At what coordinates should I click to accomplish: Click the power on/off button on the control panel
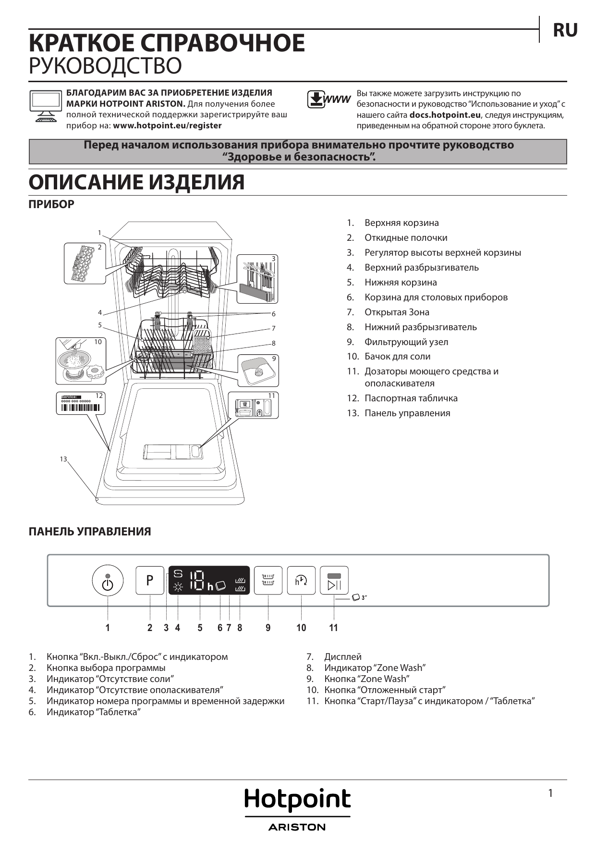click(108, 581)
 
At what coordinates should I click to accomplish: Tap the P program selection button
click(150, 581)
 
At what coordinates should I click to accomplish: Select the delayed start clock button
click(301, 581)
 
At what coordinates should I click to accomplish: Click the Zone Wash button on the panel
click(268, 581)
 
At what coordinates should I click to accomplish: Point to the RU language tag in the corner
click(565, 30)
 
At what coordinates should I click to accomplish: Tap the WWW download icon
click(329, 99)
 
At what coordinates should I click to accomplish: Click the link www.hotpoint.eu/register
click(167, 126)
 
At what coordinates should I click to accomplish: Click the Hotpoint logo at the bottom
click(297, 800)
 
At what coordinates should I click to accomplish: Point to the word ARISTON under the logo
click(297, 827)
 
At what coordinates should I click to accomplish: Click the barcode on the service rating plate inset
click(80, 409)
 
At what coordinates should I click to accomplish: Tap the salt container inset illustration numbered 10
click(81, 361)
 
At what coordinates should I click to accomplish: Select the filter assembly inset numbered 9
click(258, 371)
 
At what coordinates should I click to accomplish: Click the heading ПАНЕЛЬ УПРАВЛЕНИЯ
click(90, 532)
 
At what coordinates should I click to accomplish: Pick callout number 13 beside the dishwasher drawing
click(63, 459)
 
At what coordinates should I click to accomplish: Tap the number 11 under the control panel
click(333, 628)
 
